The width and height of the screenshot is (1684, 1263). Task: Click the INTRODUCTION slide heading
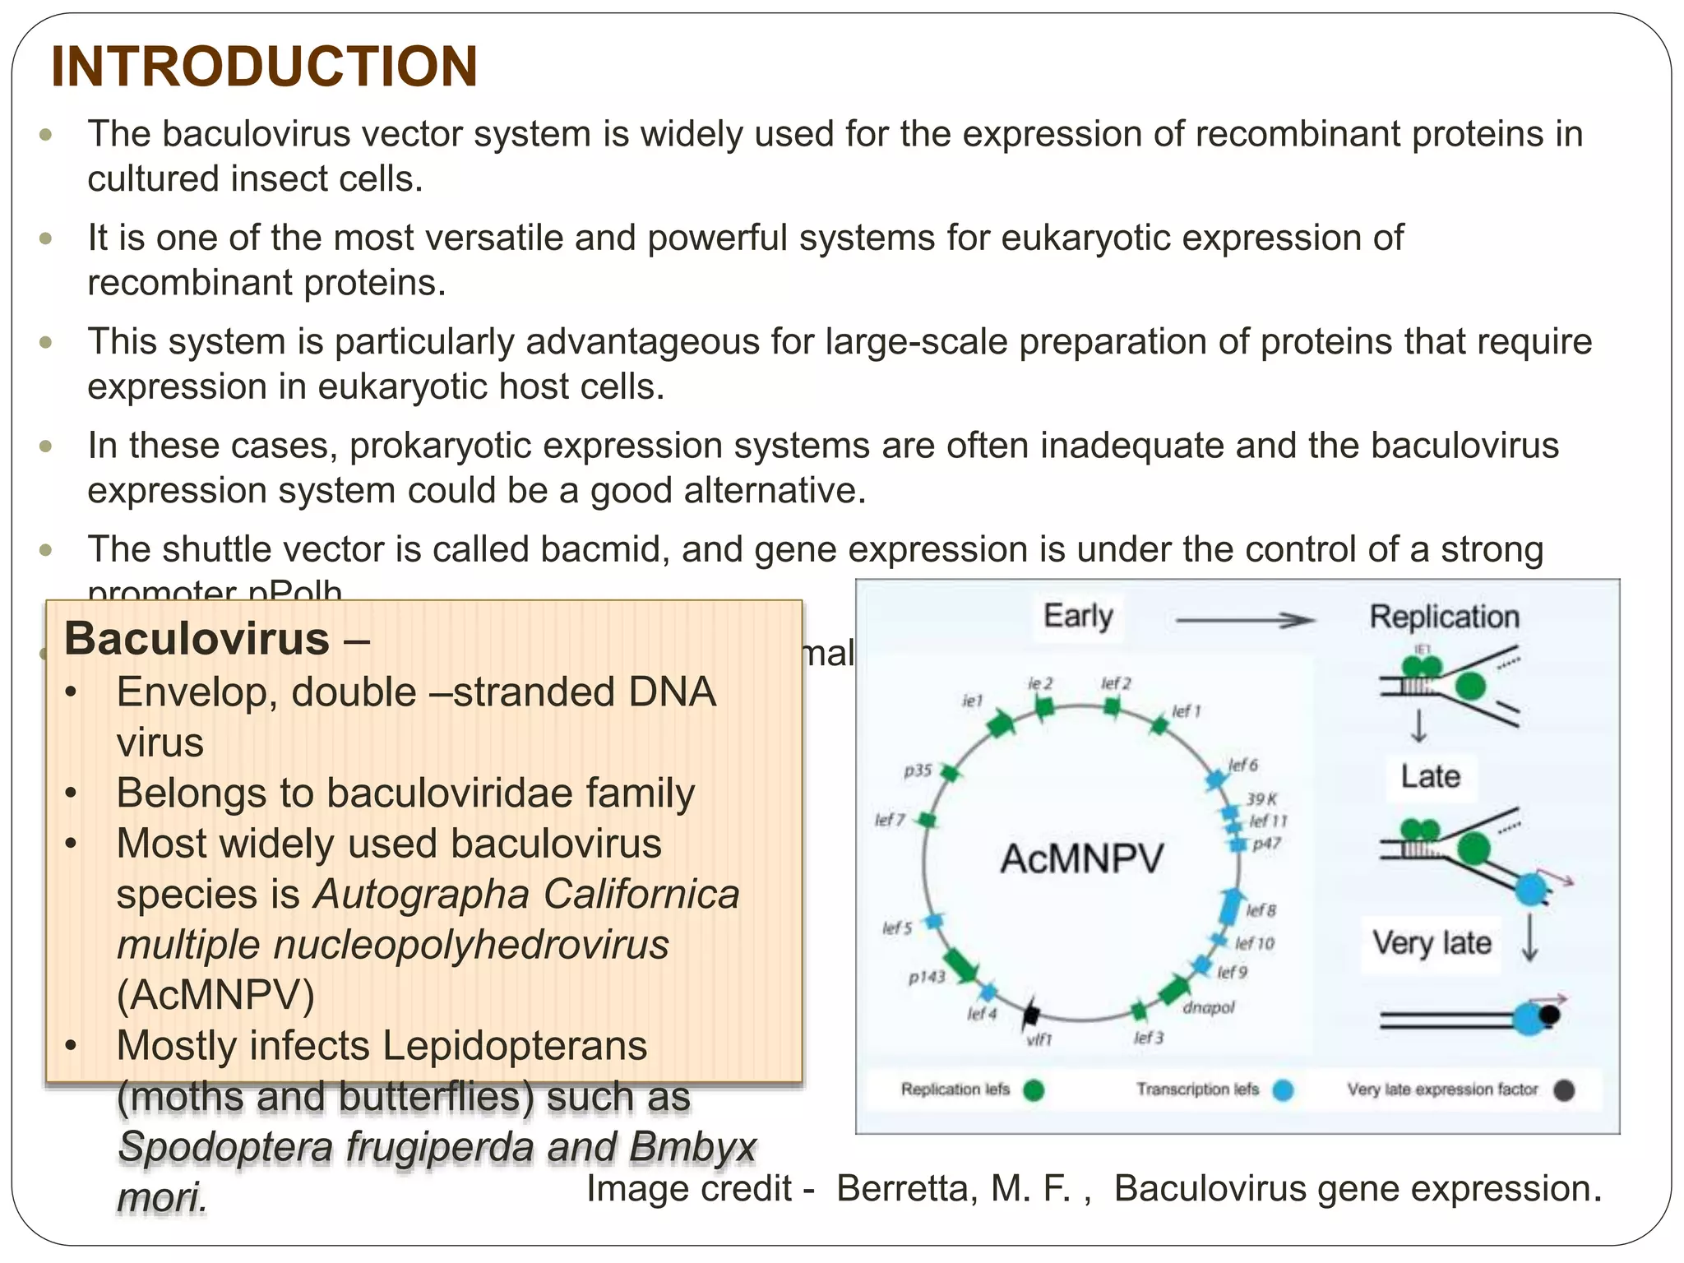coord(264,67)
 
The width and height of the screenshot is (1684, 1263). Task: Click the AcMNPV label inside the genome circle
coord(1081,859)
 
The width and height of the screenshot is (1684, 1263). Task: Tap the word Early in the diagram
coord(1078,616)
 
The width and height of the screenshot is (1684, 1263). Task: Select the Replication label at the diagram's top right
coord(1444,617)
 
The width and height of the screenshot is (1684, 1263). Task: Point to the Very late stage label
coord(1431,942)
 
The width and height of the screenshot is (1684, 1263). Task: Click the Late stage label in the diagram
coord(1430,776)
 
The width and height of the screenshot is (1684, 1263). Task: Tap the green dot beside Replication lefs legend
coord(1034,1090)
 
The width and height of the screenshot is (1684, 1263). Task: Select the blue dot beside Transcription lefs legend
coord(1283,1090)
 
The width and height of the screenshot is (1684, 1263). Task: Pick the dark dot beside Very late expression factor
coord(1564,1090)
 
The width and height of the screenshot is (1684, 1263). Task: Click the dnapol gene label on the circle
coord(1208,1007)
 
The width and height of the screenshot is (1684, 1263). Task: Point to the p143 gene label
coord(927,977)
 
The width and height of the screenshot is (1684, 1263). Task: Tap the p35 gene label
coord(918,770)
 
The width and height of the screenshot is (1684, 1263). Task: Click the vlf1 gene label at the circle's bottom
coord(1039,1039)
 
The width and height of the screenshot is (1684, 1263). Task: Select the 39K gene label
coord(1261,798)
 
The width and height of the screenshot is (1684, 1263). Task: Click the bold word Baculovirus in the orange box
coord(197,639)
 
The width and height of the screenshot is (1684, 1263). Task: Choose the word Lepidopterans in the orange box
coord(515,1046)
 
